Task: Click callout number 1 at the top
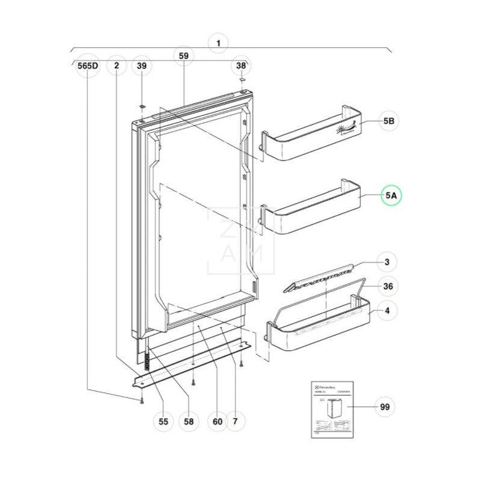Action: (218, 43)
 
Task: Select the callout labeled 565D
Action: (88, 66)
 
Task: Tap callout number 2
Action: (116, 66)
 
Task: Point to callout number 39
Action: (141, 66)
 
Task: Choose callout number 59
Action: (184, 56)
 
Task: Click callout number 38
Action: (240, 66)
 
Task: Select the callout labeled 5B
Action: (389, 121)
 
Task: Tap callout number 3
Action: (387, 262)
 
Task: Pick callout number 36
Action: (388, 287)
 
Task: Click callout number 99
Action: (384, 407)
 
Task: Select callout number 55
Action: (163, 421)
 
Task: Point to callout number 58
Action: (189, 421)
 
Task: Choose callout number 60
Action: (218, 421)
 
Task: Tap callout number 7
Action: (235, 421)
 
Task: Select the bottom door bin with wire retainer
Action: (319, 328)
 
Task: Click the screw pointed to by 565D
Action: (141, 400)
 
